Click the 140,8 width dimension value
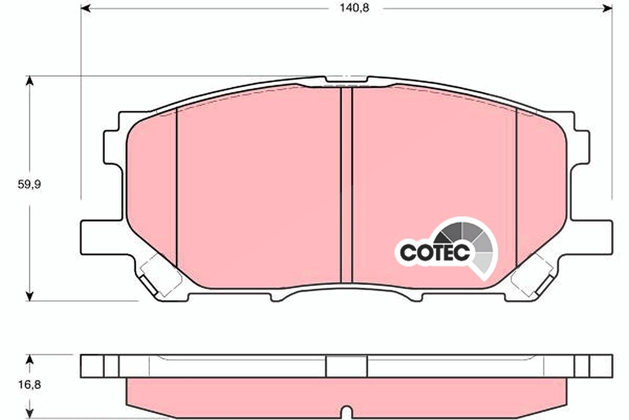(354, 8)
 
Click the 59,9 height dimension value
(29, 185)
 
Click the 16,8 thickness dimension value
(29, 384)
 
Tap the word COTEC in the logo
(435, 253)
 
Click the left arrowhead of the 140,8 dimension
(85, 8)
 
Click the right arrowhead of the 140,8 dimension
(608, 8)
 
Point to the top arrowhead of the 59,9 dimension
(29, 81)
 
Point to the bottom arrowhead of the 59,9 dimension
(29, 296)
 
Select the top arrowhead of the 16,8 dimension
(29, 360)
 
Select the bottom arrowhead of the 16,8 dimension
(29, 414)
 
